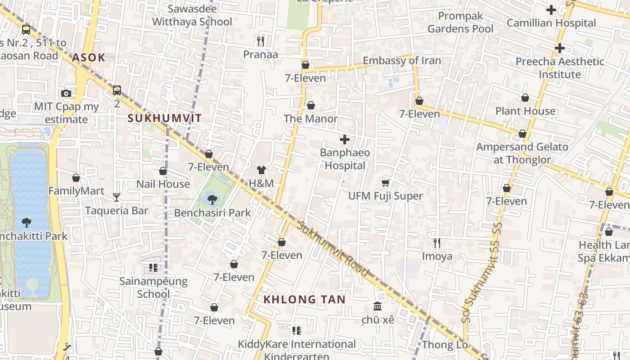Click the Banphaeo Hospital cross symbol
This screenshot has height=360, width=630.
[x=345, y=139]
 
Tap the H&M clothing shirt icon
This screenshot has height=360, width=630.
[x=261, y=170]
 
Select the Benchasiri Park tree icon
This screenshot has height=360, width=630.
[x=211, y=198]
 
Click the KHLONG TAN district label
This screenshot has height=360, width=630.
[x=304, y=300]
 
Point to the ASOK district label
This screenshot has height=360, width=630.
[x=89, y=57]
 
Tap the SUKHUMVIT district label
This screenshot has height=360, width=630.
[x=165, y=118]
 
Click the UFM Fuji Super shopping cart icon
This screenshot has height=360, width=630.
[x=386, y=183]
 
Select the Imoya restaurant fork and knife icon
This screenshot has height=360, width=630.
[x=436, y=243]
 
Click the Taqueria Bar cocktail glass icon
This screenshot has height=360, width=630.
[x=117, y=197]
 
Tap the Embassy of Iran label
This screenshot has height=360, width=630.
[x=402, y=61]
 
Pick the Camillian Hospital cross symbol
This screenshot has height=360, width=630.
[x=551, y=9]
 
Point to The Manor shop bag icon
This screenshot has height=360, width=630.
[x=310, y=106]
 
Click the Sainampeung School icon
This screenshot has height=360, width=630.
[x=153, y=268]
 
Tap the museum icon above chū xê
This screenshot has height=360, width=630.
[x=378, y=306]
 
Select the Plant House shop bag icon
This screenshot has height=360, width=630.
[x=525, y=98]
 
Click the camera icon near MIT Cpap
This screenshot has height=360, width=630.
[x=66, y=93]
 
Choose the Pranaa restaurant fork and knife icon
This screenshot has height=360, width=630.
[x=261, y=41]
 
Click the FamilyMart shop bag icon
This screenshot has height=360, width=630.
[x=76, y=178]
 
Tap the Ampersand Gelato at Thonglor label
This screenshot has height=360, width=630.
[x=522, y=153]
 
